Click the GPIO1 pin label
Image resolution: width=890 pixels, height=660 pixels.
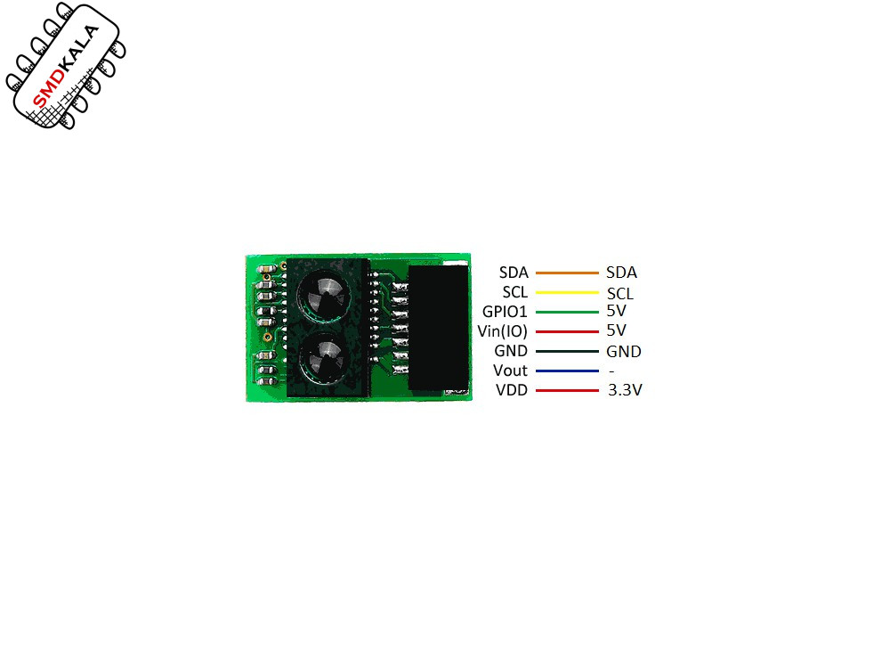click(x=505, y=311)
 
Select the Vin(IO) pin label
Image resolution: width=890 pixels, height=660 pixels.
click(x=502, y=330)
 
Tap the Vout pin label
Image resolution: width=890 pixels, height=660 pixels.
click(x=510, y=371)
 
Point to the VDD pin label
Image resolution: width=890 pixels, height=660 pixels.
click(x=512, y=390)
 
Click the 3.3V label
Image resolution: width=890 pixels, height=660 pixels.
click(x=625, y=389)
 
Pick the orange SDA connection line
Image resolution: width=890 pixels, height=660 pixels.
click(x=567, y=273)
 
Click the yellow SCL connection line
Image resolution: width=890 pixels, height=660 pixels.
click(x=567, y=292)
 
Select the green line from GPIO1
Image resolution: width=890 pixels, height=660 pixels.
click(x=567, y=312)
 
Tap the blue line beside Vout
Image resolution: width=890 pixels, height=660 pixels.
click(x=567, y=371)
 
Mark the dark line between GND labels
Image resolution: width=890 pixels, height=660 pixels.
click(x=567, y=351)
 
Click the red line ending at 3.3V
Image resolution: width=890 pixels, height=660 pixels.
click(x=567, y=390)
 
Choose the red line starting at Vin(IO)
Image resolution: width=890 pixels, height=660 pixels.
click(x=567, y=331)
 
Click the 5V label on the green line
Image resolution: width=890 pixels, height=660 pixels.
click(x=617, y=311)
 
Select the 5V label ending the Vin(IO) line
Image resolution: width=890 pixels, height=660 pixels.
click(x=617, y=330)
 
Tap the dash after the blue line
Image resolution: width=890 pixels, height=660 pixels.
click(x=611, y=371)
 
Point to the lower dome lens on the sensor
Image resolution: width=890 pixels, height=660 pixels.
click(x=324, y=358)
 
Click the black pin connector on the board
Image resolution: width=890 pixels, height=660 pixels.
click(x=438, y=328)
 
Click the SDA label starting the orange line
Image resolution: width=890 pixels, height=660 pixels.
click(x=514, y=273)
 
